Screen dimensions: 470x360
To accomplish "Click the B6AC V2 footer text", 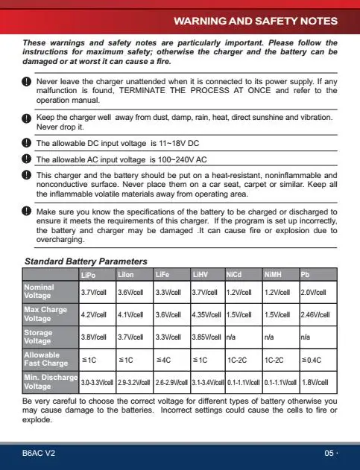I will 38,453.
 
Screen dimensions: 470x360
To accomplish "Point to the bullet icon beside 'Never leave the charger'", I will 27,82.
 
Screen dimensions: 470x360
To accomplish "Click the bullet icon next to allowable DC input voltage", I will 27,144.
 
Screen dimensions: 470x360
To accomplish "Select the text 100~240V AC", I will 180,159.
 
